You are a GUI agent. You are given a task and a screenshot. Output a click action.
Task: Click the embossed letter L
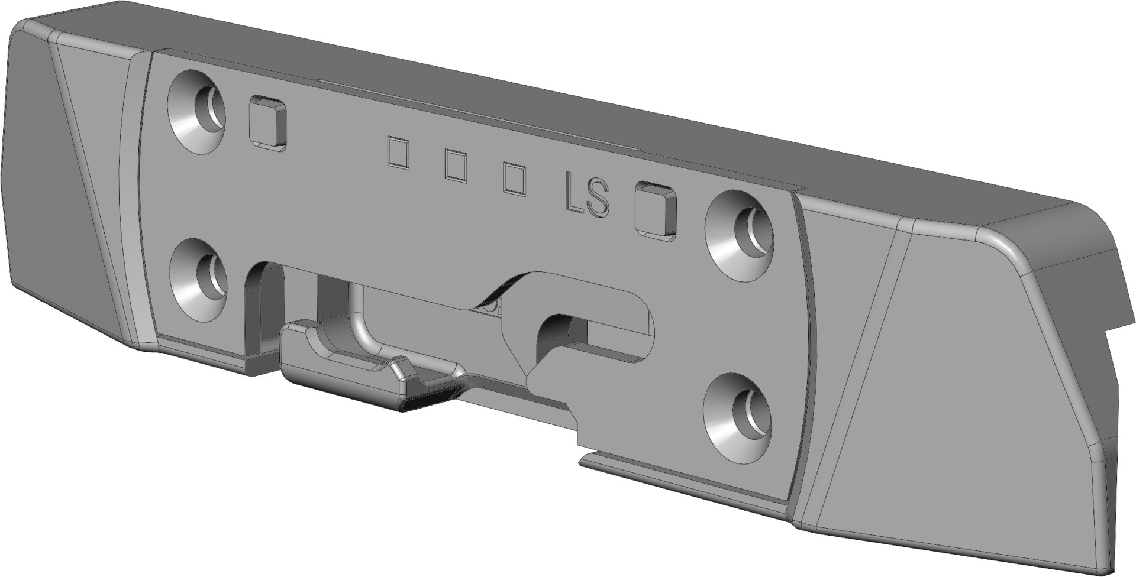tap(573, 191)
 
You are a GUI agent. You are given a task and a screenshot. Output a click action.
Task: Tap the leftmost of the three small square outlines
tap(398, 153)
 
